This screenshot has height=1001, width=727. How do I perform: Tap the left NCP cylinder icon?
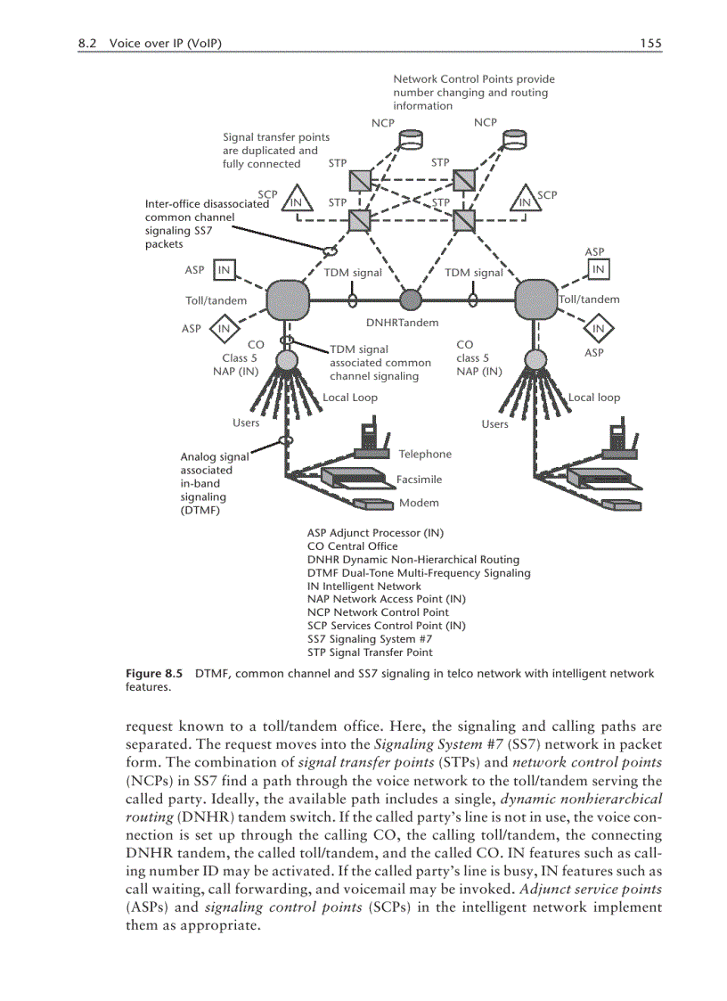(x=412, y=140)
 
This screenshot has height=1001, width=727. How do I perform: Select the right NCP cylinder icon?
(x=514, y=140)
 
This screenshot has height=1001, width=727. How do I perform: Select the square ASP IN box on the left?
(x=225, y=269)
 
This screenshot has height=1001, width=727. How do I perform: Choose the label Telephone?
(x=425, y=455)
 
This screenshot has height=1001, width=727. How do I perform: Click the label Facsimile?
(x=419, y=480)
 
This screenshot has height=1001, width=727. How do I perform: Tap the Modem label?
(x=419, y=503)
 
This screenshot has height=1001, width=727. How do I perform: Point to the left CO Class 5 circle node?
(x=287, y=360)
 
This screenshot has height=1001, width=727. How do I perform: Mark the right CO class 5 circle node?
(x=536, y=360)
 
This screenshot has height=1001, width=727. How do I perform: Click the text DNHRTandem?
(x=403, y=323)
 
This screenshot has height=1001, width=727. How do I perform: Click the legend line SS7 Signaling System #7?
(x=370, y=639)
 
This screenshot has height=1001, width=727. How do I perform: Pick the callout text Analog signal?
(x=215, y=457)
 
